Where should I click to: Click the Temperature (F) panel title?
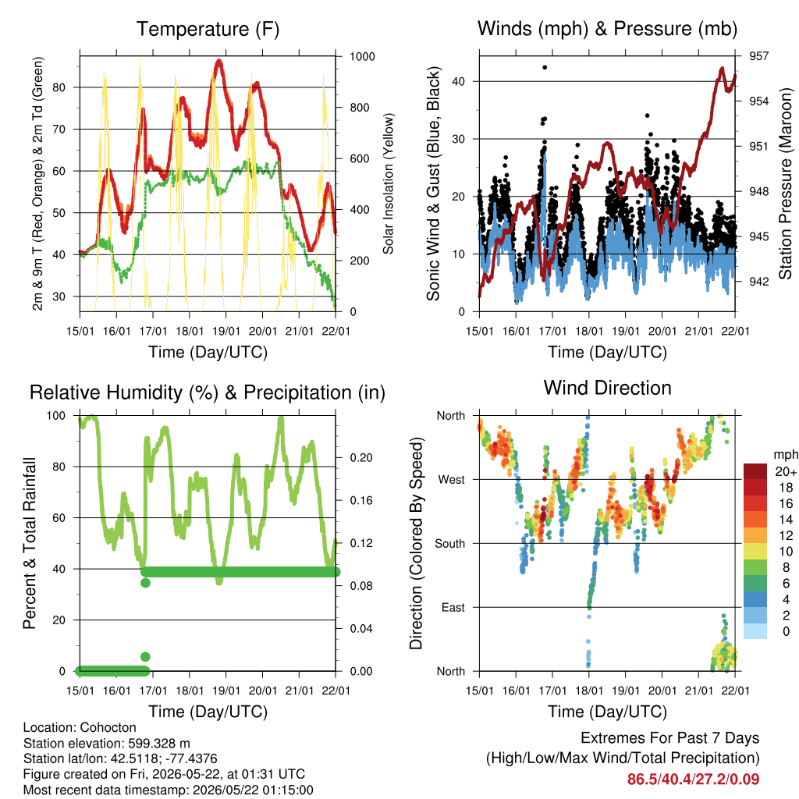pos(208,29)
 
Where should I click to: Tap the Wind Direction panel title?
pos(607,388)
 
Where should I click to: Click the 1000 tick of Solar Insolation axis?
pos(362,56)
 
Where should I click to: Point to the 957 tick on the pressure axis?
pos(758,56)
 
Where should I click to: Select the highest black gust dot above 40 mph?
pos(545,67)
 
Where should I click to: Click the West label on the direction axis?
pos(452,480)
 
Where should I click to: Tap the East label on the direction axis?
pos(453,607)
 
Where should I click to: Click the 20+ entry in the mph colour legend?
pos(785,472)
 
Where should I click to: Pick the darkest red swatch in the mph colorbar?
pos(755,471)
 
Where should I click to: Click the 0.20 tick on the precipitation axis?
pos(361,457)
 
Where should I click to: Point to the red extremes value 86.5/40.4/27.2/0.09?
pos(693,779)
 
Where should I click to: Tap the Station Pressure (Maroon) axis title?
pos(785,183)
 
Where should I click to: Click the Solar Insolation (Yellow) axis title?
pos(389,183)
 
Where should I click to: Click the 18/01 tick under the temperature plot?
pos(190,331)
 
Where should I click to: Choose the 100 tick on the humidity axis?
pos(56,416)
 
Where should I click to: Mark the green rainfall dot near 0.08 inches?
pos(145,582)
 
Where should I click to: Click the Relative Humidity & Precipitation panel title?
pos(208,392)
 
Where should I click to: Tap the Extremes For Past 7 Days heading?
pos(669,738)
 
